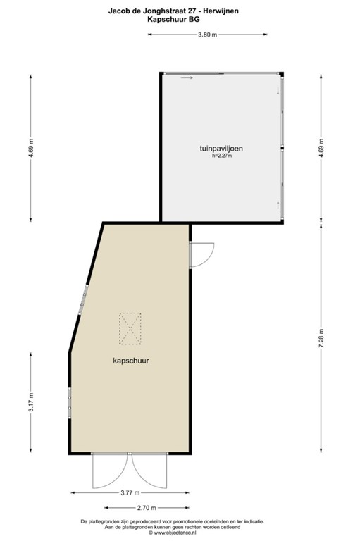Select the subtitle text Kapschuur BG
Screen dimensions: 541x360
[180, 20]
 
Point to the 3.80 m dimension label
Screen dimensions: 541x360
[207, 35]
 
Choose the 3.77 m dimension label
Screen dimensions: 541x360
[130, 492]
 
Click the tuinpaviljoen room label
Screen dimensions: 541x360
[221, 149]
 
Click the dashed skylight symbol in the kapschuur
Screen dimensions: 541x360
[130, 330]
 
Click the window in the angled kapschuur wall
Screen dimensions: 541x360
[84, 299]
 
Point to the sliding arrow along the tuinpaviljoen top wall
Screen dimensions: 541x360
[187, 77]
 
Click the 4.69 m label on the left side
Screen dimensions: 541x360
[31, 151]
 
